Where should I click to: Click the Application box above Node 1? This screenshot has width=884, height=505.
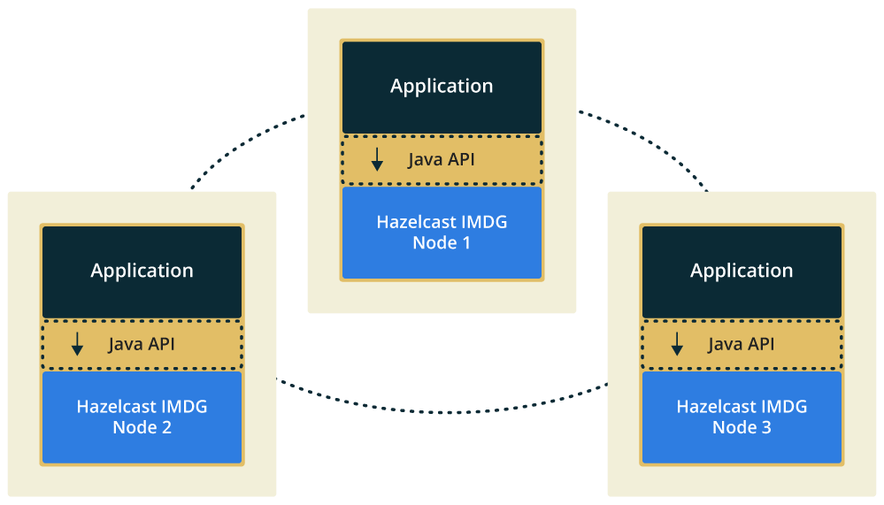coord(442,87)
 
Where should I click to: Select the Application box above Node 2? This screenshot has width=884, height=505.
coord(142,271)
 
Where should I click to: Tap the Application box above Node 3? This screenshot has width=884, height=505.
coord(742,271)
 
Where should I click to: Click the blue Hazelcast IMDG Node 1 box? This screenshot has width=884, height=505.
coord(442,232)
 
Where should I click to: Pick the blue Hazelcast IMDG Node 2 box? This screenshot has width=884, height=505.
coord(142,417)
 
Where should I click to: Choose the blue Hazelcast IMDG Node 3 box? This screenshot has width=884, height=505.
coord(742,417)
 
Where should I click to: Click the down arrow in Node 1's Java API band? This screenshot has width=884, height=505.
coord(377,160)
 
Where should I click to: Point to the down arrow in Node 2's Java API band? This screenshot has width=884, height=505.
coord(77,345)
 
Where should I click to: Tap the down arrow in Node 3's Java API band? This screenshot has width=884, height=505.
coord(677,345)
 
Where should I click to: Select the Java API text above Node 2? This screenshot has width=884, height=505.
coord(142,344)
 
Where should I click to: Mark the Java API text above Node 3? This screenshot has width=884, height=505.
coord(742,344)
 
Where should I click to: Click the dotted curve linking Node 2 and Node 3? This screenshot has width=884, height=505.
coord(442,410)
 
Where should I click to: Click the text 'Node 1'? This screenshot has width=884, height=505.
coord(442,242)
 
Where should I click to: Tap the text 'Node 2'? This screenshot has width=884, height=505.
coord(142,427)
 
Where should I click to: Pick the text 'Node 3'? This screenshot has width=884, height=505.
coord(742,427)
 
